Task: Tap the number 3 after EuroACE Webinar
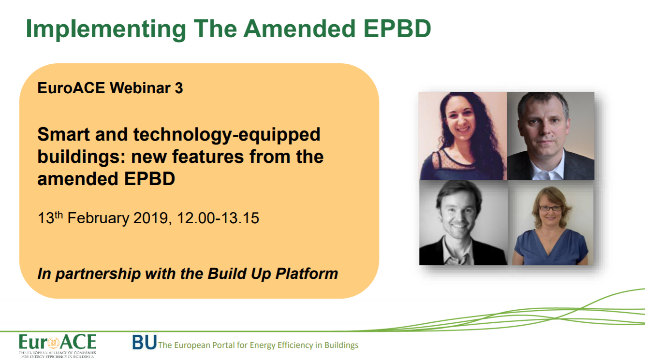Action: tap(179, 88)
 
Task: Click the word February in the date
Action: tap(98, 218)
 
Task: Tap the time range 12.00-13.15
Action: tap(218, 218)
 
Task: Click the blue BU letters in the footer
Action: tap(144, 343)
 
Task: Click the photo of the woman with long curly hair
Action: tap(463, 136)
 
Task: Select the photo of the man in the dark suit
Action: tap(550, 136)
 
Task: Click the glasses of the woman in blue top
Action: tap(550, 208)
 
